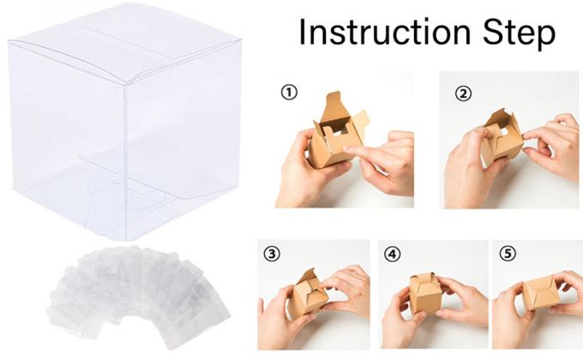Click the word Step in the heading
pyautogui.click(x=515, y=33)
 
